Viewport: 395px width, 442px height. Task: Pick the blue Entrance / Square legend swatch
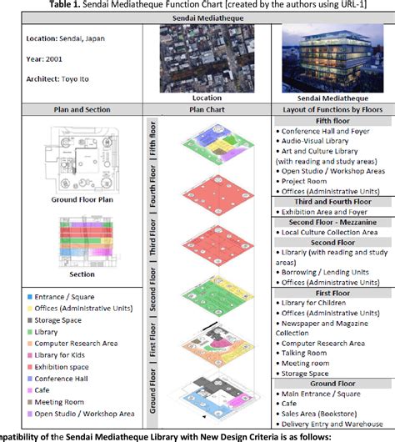31,296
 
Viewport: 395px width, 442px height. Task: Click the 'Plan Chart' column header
207,108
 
